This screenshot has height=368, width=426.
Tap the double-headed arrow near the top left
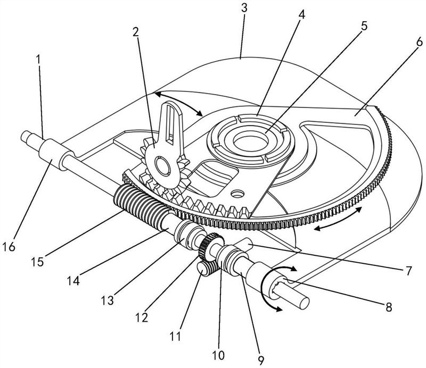pyautogui.click(x=178, y=103)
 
